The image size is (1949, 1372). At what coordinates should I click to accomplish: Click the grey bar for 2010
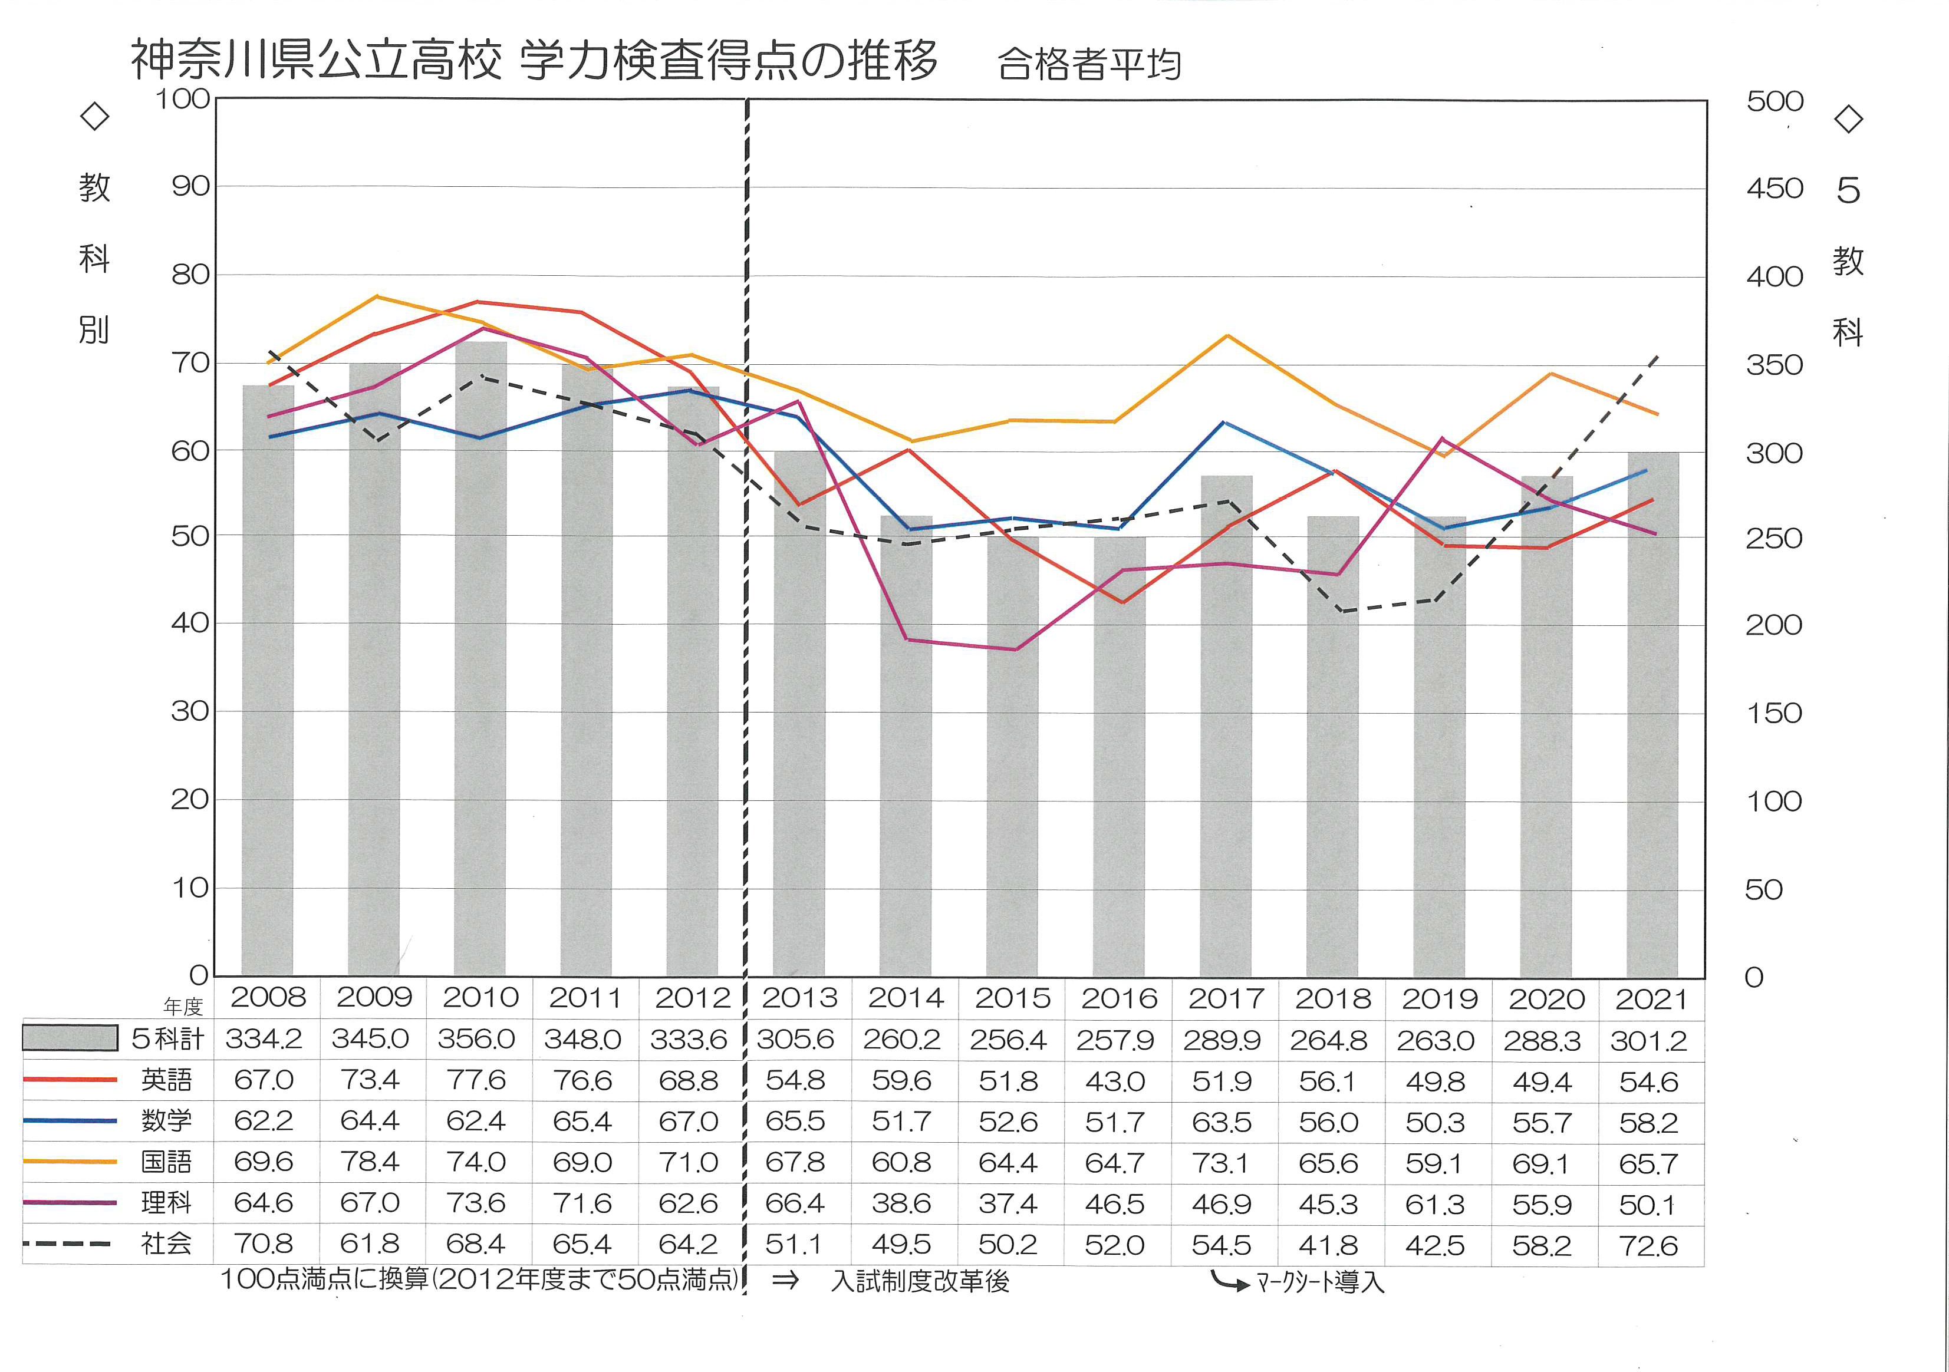click(x=480, y=662)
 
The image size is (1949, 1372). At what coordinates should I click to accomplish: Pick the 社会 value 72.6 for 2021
click(x=1648, y=1245)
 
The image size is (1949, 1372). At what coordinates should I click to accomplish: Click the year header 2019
click(x=1439, y=1000)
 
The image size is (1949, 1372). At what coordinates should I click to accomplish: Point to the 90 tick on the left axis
click(x=190, y=187)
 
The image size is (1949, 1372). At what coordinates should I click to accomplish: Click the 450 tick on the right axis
click(x=1774, y=189)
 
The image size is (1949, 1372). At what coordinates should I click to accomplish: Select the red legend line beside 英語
click(x=70, y=1080)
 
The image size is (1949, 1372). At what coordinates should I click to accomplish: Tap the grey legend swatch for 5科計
click(x=70, y=1038)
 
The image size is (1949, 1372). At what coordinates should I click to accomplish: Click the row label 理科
click(x=166, y=1203)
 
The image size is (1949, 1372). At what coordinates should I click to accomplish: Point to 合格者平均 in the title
click(x=1088, y=64)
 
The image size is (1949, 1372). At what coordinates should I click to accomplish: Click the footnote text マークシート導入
click(x=1321, y=1281)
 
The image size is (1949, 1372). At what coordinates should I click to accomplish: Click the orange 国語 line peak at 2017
click(x=1227, y=336)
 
